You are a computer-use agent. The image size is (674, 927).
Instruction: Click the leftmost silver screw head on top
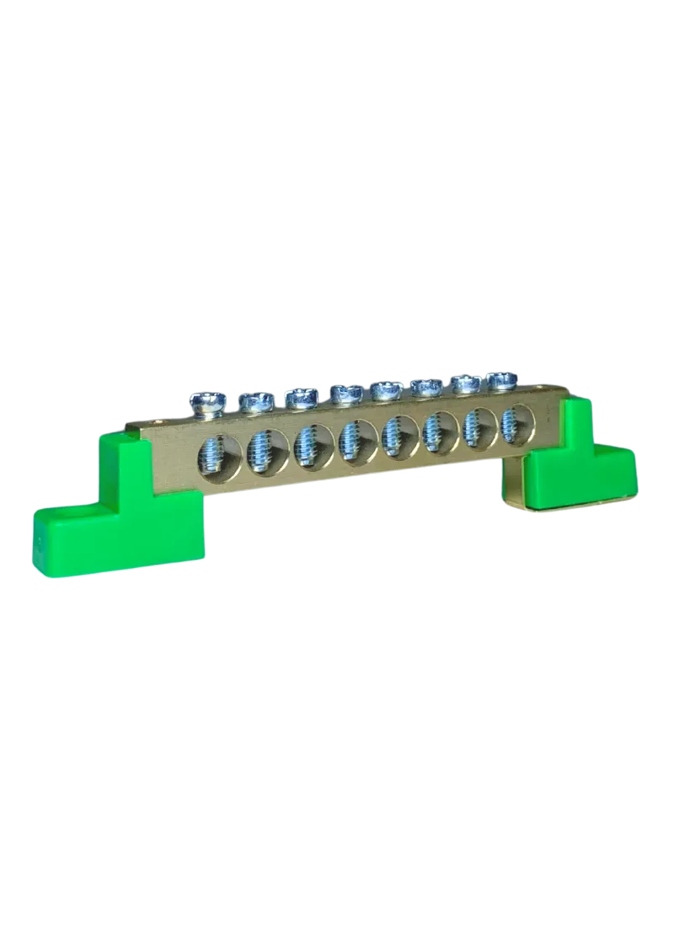[206, 404]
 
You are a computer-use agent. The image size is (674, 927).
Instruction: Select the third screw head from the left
[299, 397]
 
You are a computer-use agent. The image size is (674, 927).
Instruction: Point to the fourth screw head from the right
[386, 390]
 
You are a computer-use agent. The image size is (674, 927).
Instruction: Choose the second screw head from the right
[467, 384]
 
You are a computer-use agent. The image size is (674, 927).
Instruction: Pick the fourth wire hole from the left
[350, 439]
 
